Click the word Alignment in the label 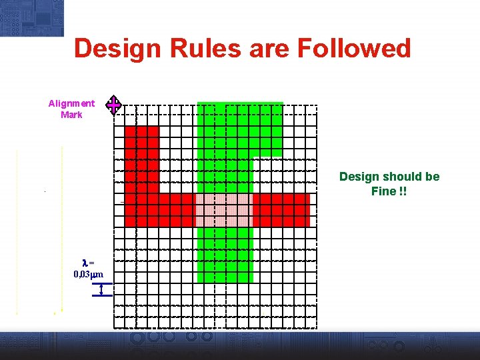(x=71, y=103)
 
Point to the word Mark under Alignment (x=71, y=115)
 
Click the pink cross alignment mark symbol (x=115, y=105)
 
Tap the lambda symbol (x=84, y=263)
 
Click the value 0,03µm (x=88, y=275)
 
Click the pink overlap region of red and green (x=224, y=210)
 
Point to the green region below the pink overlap (x=225, y=253)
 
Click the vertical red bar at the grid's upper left (x=142, y=160)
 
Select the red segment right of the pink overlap (x=281, y=210)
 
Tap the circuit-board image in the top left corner (x=31, y=17)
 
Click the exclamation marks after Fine (x=402, y=191)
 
